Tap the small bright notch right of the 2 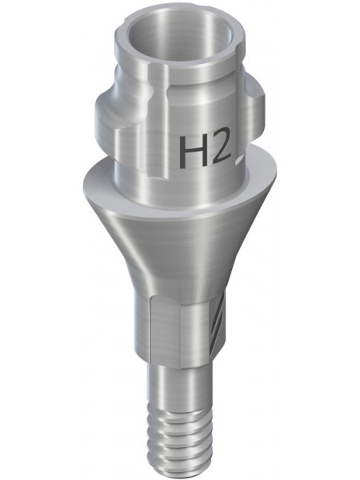tap(239, 158)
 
